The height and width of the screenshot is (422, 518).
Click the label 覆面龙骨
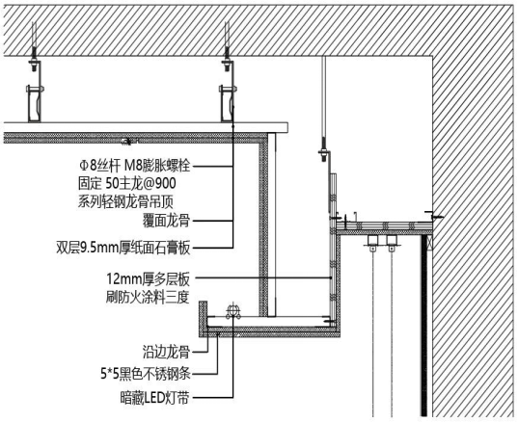click(x=166, y=221)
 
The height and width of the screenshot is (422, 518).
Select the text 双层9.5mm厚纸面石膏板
click(x=123, y=248)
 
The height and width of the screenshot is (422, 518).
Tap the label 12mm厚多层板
click(x=148, y=279)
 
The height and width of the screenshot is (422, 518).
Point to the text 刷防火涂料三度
click(x=148, y=297)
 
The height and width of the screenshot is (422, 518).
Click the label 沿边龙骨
click(x=166, y=352)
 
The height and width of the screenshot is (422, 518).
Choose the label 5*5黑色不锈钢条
click(x=146, y=374)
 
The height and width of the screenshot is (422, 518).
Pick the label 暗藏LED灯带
click(x=154, y=398)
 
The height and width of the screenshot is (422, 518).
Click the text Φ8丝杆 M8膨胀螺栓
click(x=134, y=166)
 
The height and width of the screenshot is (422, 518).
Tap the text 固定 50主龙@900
click(x=127, y=183)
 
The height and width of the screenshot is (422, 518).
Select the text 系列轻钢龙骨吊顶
click(x=125, y=201)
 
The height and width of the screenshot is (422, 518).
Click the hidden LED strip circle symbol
click(x=232, y=311)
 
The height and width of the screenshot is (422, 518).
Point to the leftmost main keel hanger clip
click(x=35, y=103)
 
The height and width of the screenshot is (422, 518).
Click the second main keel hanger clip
click(x=228, y=103)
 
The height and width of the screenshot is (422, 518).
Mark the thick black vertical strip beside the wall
click(x=424, y=326)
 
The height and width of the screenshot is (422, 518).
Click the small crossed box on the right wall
click(x=430, y=243)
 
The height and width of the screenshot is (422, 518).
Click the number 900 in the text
click(x=166, y=183)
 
